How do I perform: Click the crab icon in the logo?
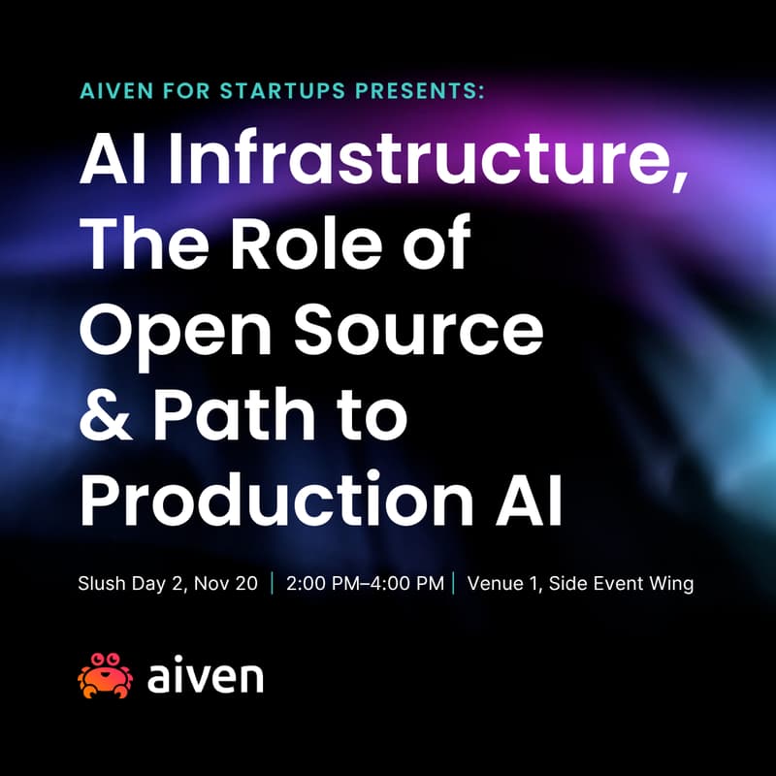pos(105,675)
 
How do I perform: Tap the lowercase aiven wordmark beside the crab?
pos(205,675)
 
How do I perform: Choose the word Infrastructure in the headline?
pos(428,161)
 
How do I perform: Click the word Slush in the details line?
pos(101,584)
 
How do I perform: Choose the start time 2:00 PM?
pos(325,584)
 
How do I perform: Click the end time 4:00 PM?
pos(407,584)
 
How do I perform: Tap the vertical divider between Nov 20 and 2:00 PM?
pos(273,584)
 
